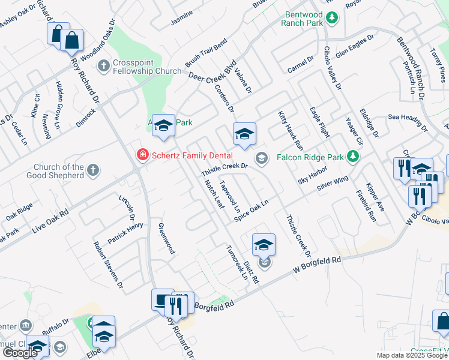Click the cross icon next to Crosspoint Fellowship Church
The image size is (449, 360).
pyautogui.click(x=103, y=65)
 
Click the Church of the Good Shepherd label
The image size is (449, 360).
pyautogui.click(x=55, y=171)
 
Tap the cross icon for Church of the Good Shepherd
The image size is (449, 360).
pyautogui.click(x=92, y=171)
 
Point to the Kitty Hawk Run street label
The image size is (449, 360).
pyautogui.click(x=291, y=130)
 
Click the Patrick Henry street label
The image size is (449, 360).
pyautogui.click(x=125, y=233)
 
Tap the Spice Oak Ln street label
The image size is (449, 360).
pyautogui.click(x=250, y=210)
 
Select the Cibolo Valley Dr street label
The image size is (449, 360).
pyautogui.click(x=332, y=68)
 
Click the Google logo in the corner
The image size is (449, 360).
pyautogui.click(x=20, y=353)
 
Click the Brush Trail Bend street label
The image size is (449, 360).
pyautogui.click(x=206, y=52)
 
